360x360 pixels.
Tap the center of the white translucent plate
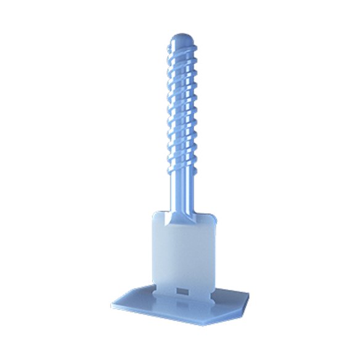click(x=182, y=253)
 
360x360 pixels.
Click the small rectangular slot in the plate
click(x=182, y=290)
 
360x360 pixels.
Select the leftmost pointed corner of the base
click(x=112, y=303)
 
